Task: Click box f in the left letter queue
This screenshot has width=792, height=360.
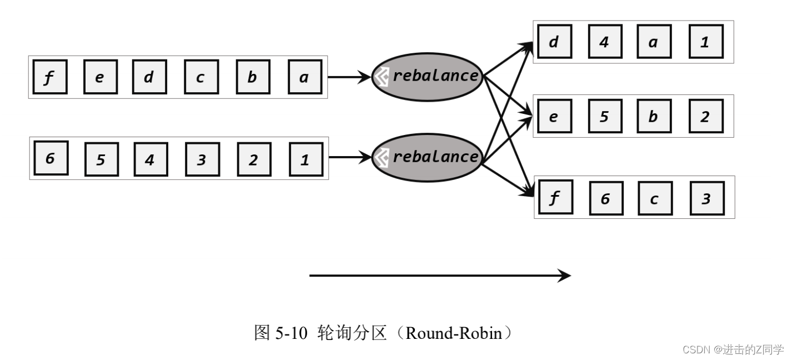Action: click(49, 77)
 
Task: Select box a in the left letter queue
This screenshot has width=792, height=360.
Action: click(305, 77)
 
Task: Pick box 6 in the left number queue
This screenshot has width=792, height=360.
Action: click(51, 158)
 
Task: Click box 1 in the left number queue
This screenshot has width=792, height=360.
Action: click(306, 159)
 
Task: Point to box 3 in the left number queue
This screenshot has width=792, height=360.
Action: click(202, 159)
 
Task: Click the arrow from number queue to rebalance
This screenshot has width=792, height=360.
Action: click(350, 158)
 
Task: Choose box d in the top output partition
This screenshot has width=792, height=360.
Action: click(554, 42)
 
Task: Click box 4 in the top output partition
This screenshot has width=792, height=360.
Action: click(604, 42)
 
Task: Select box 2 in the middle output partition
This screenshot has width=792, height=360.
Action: click(706, 117)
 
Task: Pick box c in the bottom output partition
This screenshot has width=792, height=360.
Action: click(655, 198)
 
